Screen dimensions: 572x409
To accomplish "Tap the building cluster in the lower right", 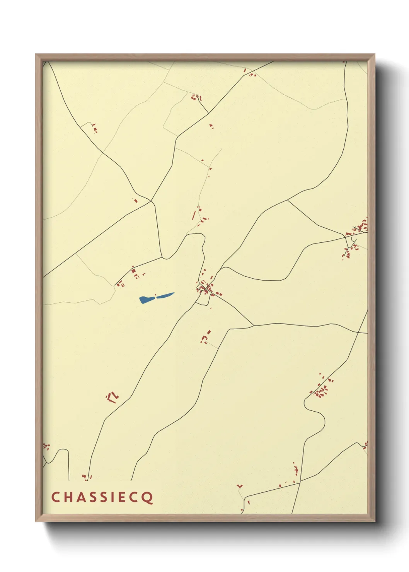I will click(x=321, y=390).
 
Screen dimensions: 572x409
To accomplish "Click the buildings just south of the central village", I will click(x=205, y=337).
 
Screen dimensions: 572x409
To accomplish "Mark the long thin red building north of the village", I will click(x=193, y=216).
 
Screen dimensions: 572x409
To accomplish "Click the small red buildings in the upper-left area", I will click(x=94, y=128).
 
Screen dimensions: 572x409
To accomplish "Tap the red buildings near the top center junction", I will click(x=196, y=97).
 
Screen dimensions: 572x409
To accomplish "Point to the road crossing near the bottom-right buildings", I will click(x=300, y=482).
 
